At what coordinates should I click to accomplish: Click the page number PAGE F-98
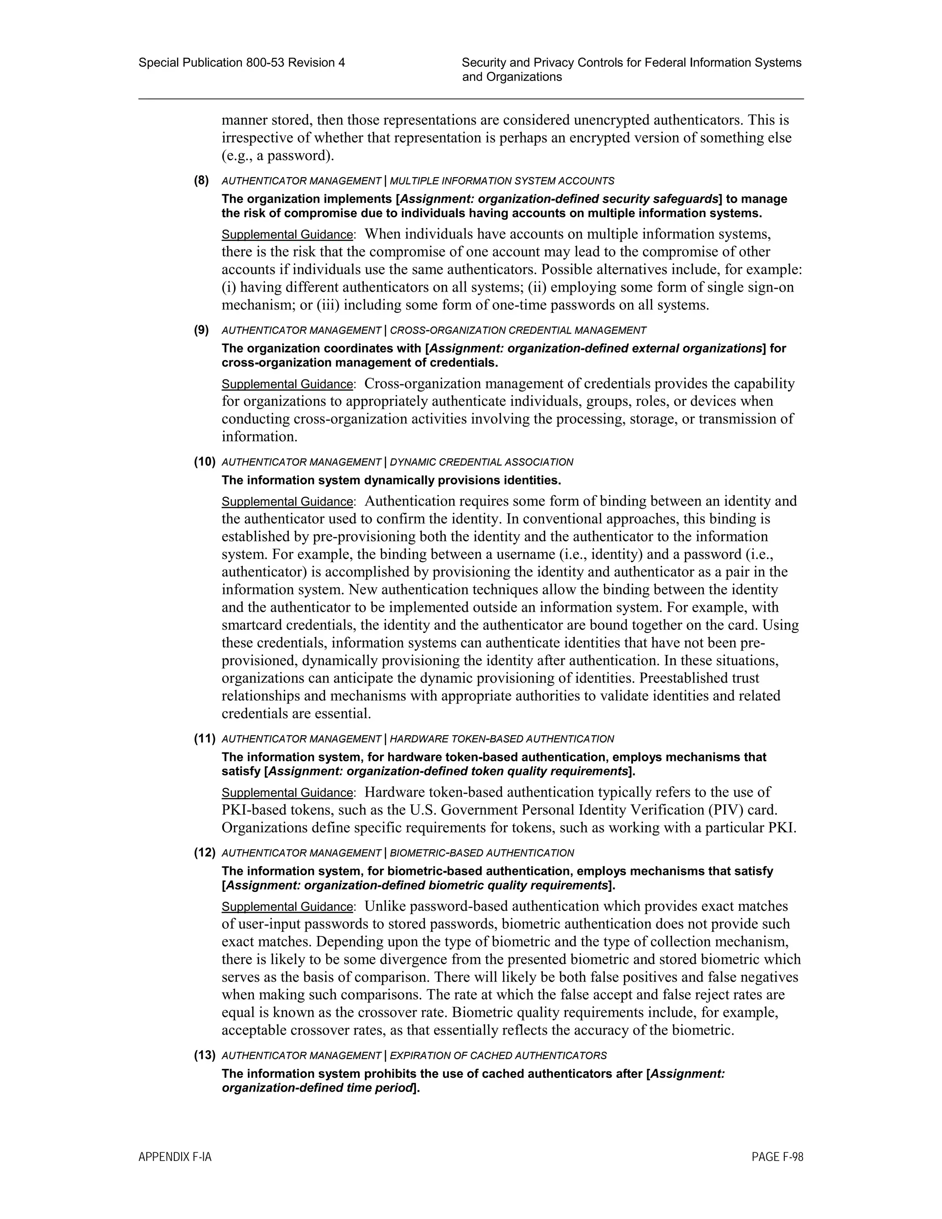[777, 1157]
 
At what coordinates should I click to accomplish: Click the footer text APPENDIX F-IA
[175, 1157]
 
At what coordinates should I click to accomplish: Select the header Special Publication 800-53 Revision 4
[241, 63]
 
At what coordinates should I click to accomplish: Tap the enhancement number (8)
[201, 180]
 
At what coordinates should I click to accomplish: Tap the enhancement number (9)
[201, 330]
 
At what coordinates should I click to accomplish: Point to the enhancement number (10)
[204, 461]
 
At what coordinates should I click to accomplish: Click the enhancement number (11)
[204, 738]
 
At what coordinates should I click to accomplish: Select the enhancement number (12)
[204, 852]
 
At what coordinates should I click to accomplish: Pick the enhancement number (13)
[204, 1055]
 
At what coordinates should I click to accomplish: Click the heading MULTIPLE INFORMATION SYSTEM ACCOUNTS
[502, 181]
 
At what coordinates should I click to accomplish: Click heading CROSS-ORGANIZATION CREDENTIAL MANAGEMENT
[517, 330]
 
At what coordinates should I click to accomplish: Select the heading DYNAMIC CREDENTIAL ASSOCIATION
[481, 462]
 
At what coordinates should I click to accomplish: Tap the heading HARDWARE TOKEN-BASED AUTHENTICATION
[501, 739]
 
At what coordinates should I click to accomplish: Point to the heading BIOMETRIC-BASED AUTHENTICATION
[481, 853]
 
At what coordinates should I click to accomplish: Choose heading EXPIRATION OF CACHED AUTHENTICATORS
[498, 1055]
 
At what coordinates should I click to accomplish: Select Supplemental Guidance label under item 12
[287, 907]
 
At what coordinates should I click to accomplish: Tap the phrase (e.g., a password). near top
[277, 156]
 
